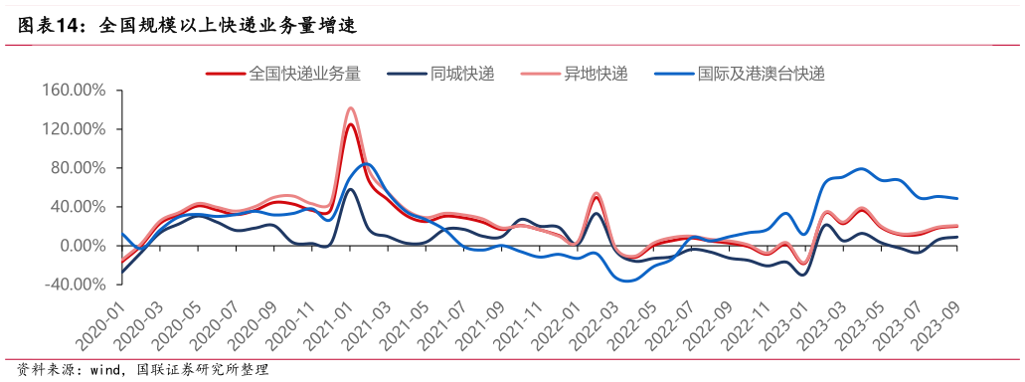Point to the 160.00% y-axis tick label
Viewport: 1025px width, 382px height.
pos(75,91)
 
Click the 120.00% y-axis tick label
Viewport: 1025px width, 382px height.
pos(75,129)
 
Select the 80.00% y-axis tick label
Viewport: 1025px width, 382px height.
pos(79,168)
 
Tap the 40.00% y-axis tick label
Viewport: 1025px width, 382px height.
pos(79,207)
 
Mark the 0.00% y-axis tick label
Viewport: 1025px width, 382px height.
pos(83,246)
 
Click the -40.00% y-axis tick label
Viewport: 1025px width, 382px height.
pos(77,285)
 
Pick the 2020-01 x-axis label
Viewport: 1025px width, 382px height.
pos(103,320)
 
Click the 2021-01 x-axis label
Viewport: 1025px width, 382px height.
pos(331,320)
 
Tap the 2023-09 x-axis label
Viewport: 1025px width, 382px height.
pos(940,320)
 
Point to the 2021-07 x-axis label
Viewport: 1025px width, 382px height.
pos(445,320)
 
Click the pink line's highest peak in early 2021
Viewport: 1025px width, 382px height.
pos(351,108)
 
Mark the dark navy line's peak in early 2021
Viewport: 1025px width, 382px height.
pos(350,189)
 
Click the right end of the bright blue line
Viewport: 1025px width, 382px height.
pos(957,199)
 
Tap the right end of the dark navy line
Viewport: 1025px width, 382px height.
pos(957,237)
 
